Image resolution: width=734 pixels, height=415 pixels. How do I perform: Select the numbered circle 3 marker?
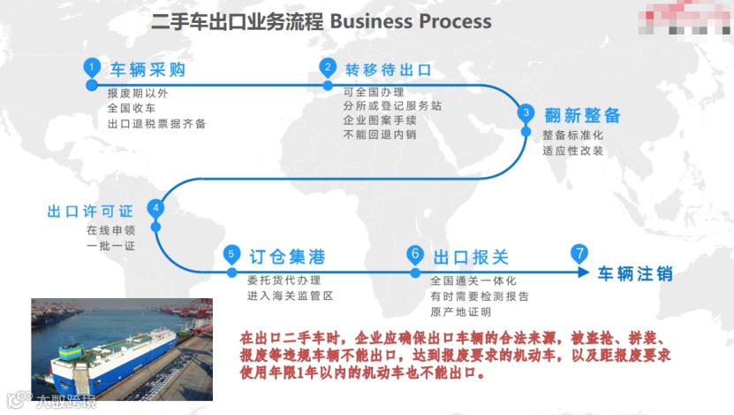(526, 113)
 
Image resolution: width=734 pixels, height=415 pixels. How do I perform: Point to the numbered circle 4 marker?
(156, 210)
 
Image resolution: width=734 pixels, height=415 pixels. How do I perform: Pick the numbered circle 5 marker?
(231, 255)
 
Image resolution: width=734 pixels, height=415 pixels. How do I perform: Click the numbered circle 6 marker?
(415, 255)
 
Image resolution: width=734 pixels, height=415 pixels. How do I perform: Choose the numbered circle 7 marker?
(579, 253)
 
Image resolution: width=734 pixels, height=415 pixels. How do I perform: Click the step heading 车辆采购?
(147, 70)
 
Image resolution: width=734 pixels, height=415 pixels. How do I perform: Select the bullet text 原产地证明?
(460, 311)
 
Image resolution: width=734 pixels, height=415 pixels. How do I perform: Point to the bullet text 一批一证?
(111, 244)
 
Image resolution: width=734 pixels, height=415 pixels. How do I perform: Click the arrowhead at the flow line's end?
(583, 272)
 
